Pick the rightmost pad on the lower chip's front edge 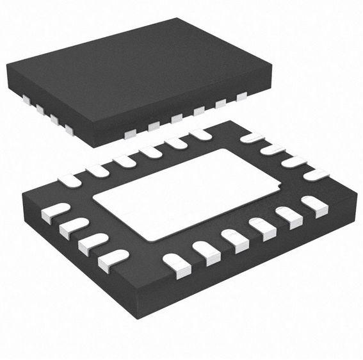[314, 206]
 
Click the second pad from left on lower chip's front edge [206, 252]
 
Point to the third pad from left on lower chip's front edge [234, 240]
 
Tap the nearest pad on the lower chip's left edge [113, 259]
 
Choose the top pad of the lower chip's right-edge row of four [252, 137]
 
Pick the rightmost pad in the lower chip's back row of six [200, 134]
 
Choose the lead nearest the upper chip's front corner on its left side [69, 130]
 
